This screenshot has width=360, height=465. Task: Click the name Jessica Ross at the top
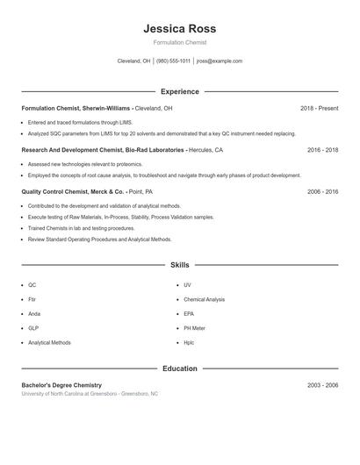click(179, 28)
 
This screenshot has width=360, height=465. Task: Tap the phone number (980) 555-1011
click(173, 61)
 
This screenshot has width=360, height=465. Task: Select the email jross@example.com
click(220, 61)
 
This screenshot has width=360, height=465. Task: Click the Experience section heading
click(179, 91)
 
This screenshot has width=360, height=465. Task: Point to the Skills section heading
click(179, 264)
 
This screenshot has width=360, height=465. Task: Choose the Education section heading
click(179, 368)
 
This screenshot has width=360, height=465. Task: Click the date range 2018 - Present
click(319, 108)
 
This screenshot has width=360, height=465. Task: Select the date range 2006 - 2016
click(322, 190)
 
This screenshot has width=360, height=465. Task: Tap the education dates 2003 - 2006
click(322, 385)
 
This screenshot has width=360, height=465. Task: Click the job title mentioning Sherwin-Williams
click(97, 108)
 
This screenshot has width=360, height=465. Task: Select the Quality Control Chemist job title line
click(87, 190)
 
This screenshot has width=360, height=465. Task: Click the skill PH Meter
click(196, 328)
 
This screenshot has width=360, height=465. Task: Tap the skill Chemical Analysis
click(204, 299)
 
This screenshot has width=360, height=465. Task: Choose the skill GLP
click(33, 328)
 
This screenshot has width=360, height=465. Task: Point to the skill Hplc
click(189, 342)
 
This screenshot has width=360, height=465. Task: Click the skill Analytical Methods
click(49, 342)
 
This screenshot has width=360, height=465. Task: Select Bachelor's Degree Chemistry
click(61, 385)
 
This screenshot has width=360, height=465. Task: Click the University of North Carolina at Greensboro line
click(90, 394)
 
